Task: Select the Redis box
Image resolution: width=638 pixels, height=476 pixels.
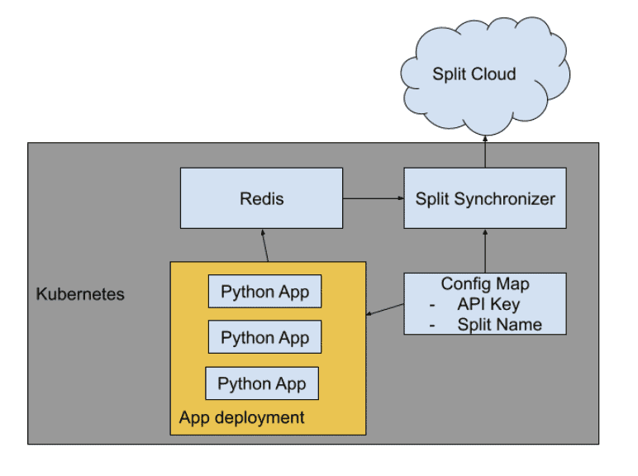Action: point(261,198)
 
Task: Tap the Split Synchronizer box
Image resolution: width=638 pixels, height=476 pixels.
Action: point(485,198)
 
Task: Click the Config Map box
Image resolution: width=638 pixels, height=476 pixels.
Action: point(485,303)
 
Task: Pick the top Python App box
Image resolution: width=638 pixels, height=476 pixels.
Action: point(264,293)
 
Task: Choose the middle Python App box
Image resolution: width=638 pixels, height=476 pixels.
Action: point(264,338)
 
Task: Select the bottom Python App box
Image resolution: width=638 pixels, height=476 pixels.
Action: point(261,383)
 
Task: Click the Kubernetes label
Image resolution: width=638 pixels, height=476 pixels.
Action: point(80,294)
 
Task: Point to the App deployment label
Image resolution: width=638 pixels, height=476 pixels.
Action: point(241,417)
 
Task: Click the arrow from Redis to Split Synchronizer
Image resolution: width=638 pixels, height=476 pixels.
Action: point(373,198)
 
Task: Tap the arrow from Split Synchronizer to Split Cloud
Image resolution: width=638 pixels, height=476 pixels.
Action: point(485,151)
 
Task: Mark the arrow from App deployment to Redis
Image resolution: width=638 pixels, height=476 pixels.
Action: point(264,245)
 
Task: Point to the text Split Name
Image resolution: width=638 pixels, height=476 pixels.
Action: point(499,324)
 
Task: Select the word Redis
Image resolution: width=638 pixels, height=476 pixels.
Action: point(261,198)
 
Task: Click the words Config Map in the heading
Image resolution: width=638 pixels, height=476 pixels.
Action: point(485,284)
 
